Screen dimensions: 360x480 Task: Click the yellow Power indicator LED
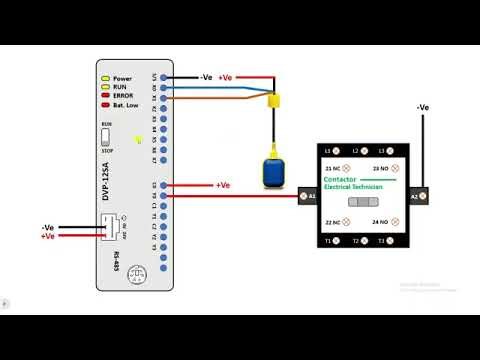click(103, 78)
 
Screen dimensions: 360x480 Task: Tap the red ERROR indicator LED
click(103, 96)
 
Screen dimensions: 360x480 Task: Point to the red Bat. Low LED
click(103, 105)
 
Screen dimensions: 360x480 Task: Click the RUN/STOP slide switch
click(106, 137)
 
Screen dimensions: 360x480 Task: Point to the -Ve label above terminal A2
click(422, 106)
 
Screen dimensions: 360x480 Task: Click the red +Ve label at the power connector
click(47, 236)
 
